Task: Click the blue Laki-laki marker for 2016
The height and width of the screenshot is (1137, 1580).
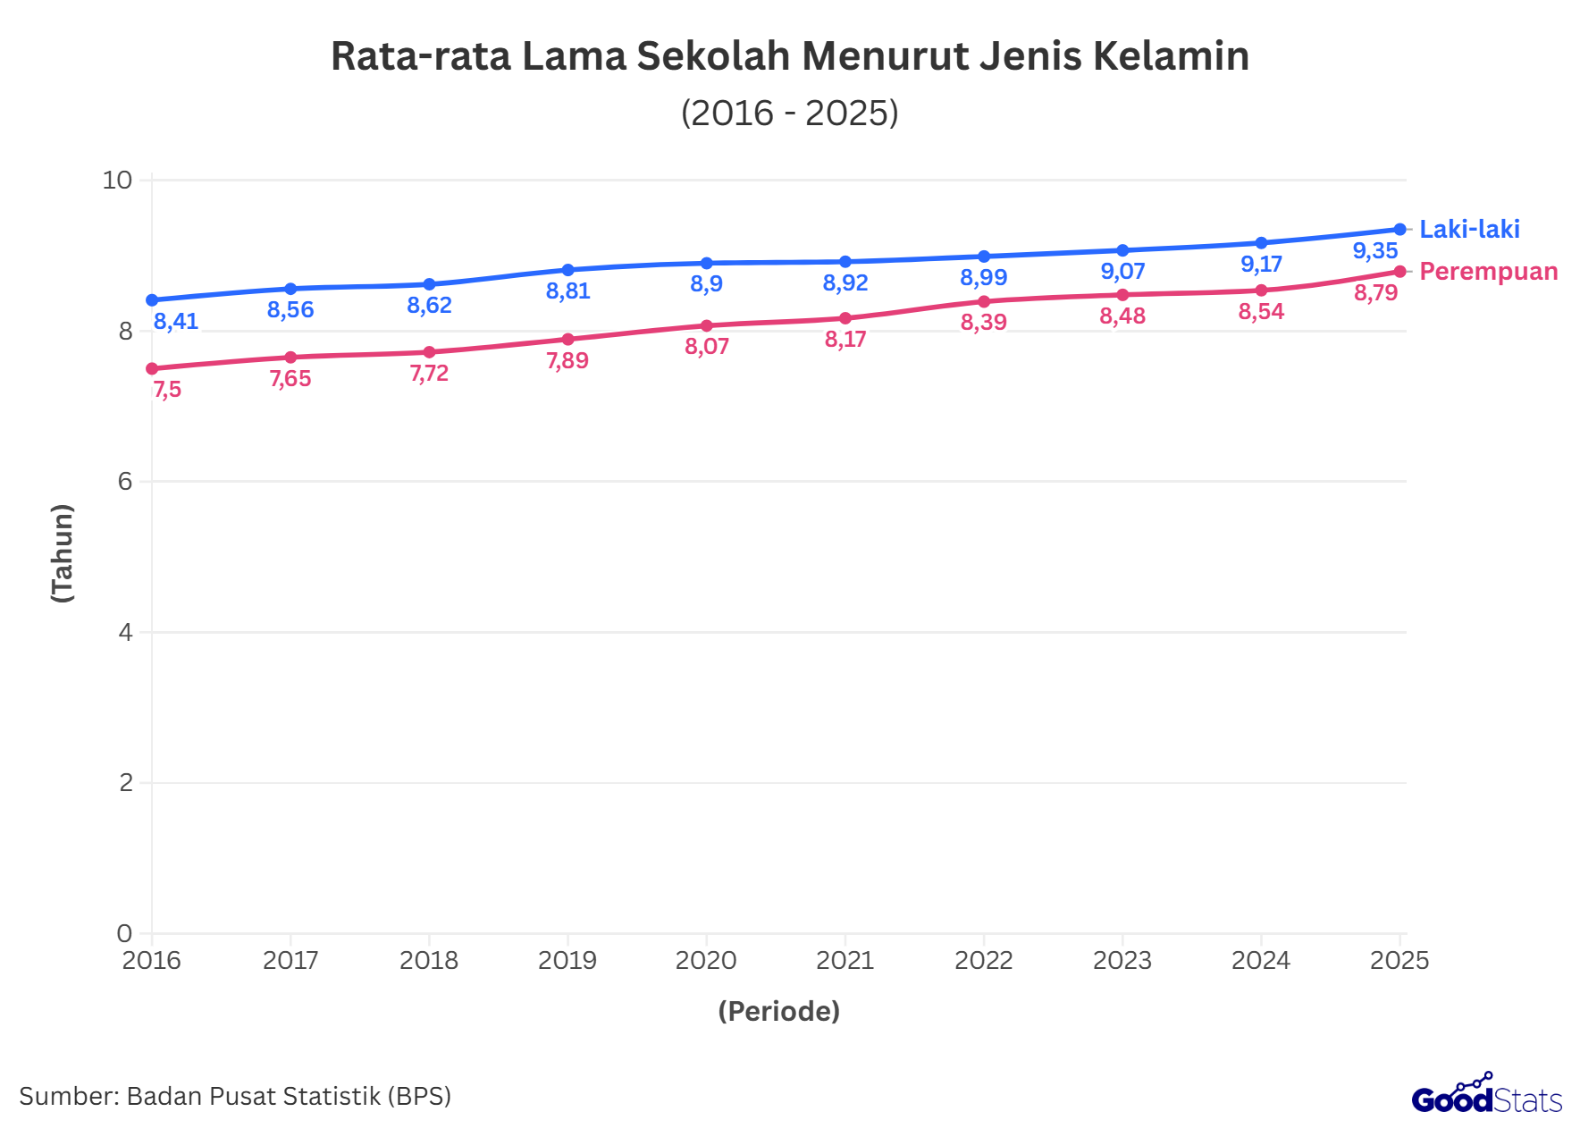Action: pos(152,300)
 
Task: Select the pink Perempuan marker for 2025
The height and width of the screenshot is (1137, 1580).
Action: pos(1399,272)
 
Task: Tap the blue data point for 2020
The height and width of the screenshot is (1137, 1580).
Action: pos(707,264)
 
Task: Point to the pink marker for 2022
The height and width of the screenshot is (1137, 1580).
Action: pos(984,301)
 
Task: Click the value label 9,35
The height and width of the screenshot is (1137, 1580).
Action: pos(1374,251)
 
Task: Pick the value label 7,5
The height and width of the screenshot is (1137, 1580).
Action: pos(167,390)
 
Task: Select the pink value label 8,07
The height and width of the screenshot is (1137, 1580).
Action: pos(707,347)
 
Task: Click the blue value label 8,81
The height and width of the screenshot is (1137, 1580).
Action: pos(567,291)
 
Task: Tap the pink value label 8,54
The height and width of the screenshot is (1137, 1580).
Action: pos(1261,312)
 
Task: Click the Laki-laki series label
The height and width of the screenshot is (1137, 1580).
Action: pos(1469,230)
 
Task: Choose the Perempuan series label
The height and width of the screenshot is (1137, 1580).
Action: pos(1488,272)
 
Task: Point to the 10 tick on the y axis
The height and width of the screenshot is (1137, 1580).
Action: pos(117,181)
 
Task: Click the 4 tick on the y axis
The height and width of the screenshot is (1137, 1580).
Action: pos(125,633)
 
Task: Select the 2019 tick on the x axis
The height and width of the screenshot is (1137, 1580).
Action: pos(567,961)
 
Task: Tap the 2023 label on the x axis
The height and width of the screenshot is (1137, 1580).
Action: pos(1122,961)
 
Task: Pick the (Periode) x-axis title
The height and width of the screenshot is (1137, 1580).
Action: pos(778,1011)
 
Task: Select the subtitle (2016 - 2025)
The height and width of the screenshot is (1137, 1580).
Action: pos(789,114)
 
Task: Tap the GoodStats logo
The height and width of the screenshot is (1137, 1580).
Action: pos(1486,1096)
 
